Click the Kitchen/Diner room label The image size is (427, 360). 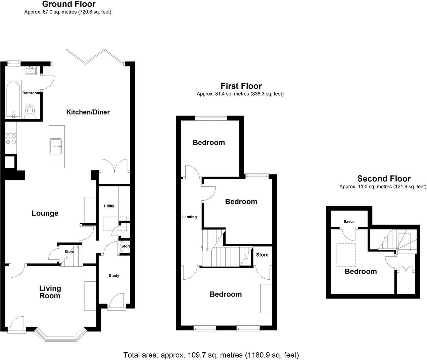pyautogui.click(x=88, y=112)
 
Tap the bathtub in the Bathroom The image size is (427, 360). pyautogui.click(x=13, y=99)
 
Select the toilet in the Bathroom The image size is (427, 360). pyautogui.click(x=30, y=111)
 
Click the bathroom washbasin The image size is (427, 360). pyautogui.click(x=31, y=71)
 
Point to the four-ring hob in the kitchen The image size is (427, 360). pyautogui.click(x=11, y=139)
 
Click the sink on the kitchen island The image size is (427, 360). pyautogui.click(x=56, y=146)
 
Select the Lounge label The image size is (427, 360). pyautogui.click(x=45, y=213)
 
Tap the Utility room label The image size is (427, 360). pyautogui.click(x=109, y=206)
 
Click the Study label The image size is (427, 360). pyautogui.click(x=114, y=276)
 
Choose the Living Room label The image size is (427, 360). pyautogui.click(x=50, y=292)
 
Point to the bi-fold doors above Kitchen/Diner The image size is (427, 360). pyautogui.click(x=96, y=56)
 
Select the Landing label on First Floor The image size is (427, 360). pyautogui.click(x=189, y=217)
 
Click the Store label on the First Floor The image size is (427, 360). pyautogui.click(x=262, y=255)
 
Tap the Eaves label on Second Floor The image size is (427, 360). pyautogui.click(x=349, y=222)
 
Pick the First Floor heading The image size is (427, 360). pyautogui.click(x=241, y=86)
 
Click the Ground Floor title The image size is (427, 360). pyautogui.click(x=68, y=4)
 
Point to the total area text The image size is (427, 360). pyautogui.click(x=211, y=355)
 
